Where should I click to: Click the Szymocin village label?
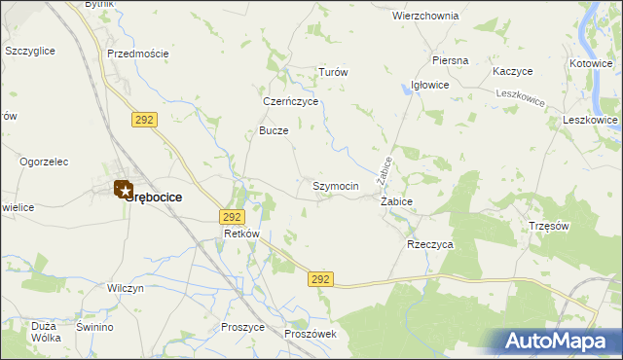pos(336,186)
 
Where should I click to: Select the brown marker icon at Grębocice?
pos(123,189)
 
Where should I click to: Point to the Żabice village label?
pos(396,201)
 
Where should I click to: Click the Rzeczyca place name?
pos(429,245)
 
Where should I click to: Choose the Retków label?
pos(241,234)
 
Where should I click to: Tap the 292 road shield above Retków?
pos(231,217)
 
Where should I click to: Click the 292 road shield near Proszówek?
pos(323,279)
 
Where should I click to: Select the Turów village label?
pos(334,73)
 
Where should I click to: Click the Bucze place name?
pos(274,130)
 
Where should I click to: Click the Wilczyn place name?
pos(126,289)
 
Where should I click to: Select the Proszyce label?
pos(243,328)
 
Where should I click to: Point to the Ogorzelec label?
pos(48,162)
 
